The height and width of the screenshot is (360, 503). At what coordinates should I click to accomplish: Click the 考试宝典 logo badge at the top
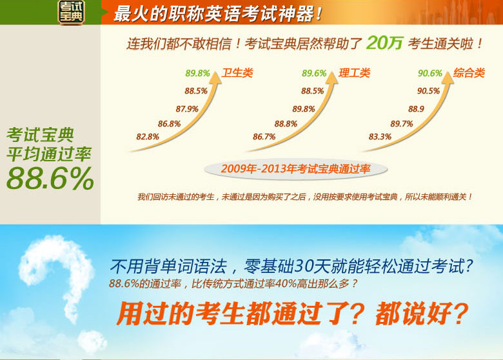pos(71,12)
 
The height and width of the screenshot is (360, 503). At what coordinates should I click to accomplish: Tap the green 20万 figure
pos(384,43)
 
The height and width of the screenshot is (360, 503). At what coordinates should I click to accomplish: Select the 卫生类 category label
pos(237,73)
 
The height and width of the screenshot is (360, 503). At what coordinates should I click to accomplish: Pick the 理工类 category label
pos(355,73)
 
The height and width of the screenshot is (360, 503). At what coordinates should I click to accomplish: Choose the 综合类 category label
pos(469,73)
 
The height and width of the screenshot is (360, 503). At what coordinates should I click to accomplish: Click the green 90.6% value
pos(430,74)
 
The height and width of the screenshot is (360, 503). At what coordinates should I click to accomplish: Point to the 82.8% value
pos(148,137)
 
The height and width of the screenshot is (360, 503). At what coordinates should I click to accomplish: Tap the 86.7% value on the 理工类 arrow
pos(264,137)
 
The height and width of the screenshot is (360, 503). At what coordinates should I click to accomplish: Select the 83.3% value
pos(380,137)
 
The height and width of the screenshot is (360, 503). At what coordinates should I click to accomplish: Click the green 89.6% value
pos(314,74)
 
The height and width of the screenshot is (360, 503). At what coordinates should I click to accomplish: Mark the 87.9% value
pos(187,109)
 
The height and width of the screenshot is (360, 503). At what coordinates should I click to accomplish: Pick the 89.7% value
pos(402,124)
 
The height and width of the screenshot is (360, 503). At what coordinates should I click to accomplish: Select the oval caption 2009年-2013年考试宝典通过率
pos(296,169)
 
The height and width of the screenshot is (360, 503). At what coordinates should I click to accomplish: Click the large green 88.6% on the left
pos(50,179)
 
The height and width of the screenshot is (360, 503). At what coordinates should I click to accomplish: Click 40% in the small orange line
pos(286,284)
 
